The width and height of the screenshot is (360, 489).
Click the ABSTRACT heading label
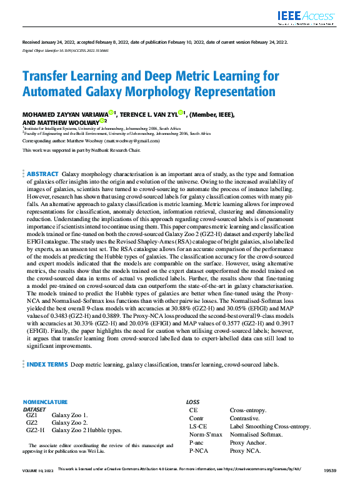pyautogui.click(x=42, y=174)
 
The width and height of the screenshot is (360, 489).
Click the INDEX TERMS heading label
pyautogui.click(x=47, y=364)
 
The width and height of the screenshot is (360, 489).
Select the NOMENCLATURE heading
pyautogui.click(x=44, y=402)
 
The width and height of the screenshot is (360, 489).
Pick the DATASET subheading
pyautogui.click(x=34, y=408)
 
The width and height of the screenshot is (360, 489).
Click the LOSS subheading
pyautogui.click(x=192, y=402)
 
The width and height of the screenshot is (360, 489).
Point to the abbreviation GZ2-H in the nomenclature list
pyautogui.click(x=35, y=430)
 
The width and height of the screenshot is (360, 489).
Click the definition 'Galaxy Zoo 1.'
pyautogui.click(x=70, y=415)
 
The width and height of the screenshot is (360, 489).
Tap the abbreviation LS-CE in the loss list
pyautogui.click(x=199, y=426)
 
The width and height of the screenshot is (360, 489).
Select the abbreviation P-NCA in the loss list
pyautogui.click(x=199, y=450)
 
